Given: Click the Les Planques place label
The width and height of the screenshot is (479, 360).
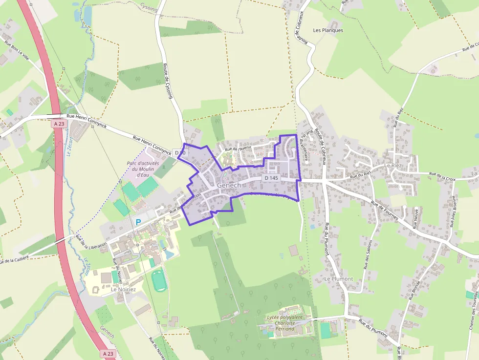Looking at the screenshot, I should coord(328,30).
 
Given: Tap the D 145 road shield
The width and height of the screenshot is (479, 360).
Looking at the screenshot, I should coord(271,178).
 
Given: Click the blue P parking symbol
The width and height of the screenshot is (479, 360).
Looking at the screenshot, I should coord(138,222).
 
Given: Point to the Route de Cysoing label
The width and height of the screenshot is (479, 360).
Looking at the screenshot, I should coord(168,81).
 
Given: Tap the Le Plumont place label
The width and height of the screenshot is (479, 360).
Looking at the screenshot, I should coord(339,279).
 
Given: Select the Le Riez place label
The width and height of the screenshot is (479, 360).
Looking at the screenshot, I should coord(392,166).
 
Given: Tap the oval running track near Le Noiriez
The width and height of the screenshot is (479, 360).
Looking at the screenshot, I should coord(158,281).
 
